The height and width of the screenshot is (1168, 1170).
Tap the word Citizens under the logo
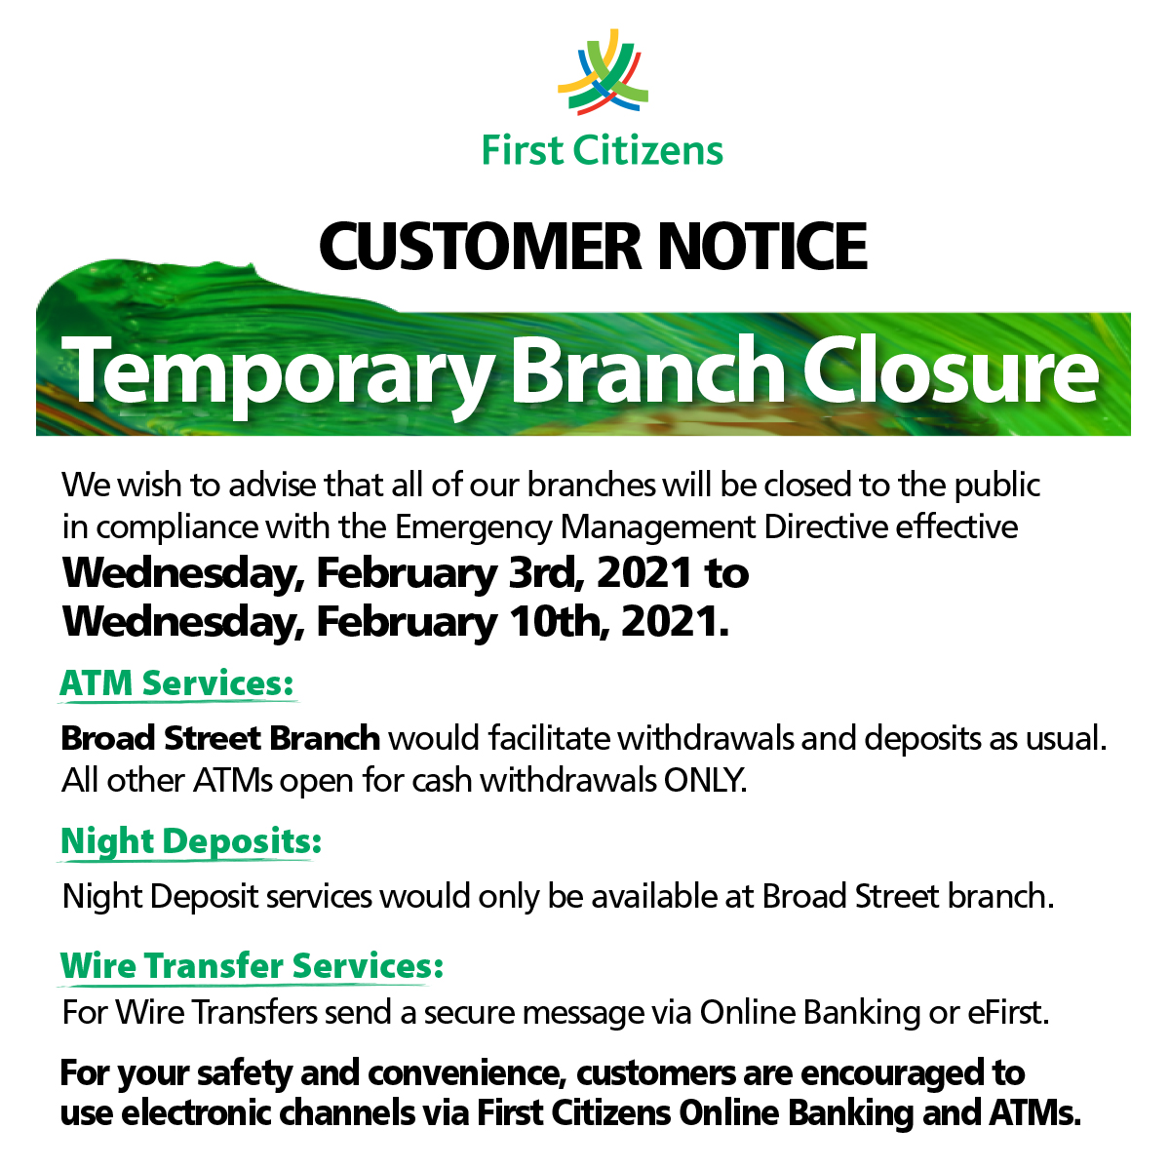648,151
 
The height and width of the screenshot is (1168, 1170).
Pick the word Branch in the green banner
648,371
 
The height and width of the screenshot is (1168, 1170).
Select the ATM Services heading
176,683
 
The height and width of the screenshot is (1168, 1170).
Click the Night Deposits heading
190,841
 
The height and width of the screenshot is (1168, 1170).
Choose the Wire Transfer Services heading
252,966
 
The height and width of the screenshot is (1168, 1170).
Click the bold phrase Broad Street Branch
220,738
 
